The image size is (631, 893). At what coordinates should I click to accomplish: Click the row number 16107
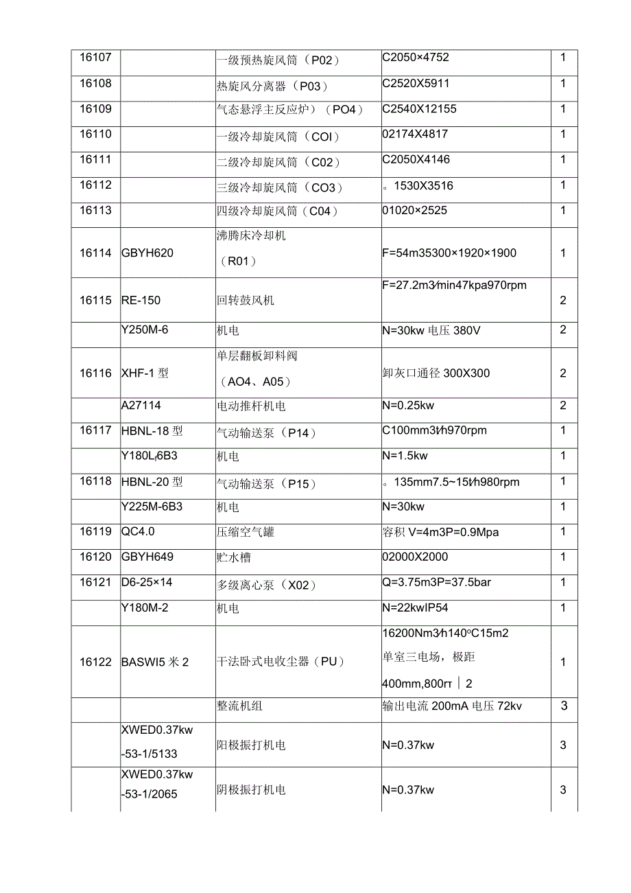tap(95, 58)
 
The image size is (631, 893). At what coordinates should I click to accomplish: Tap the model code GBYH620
tap(147, 253)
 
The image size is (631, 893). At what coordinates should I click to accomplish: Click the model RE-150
tap(141, 301)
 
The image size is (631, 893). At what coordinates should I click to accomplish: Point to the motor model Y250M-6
tap(144, 329)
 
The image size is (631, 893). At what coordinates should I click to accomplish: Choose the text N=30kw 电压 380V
tap(431, 331)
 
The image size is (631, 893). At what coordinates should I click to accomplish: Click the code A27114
tap(141, 405)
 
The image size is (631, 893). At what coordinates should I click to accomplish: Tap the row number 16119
tap(95, 531)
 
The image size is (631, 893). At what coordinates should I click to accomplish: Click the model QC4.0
tap(138, 531)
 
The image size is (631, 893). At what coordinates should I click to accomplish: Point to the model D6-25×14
tap(147, 582)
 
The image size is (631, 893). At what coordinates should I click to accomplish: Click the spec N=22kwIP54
tap(415, 607)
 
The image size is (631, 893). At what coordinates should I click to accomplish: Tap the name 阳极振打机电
tap(251, 745)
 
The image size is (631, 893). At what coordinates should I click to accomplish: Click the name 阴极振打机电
tap(251, 790)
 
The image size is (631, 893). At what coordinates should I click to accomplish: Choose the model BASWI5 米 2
tap(154, 662)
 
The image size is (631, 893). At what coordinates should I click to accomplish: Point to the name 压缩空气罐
tap(245, 532)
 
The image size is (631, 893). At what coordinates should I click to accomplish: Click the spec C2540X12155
tap(419, 108)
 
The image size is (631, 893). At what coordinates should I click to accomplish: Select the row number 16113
tap(95, 210)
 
